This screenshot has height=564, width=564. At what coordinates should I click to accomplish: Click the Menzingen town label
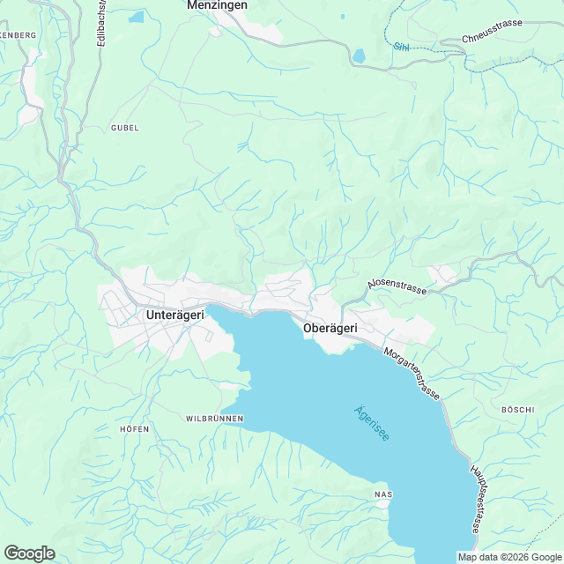(217, 5)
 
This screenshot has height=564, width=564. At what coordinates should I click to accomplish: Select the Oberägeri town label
(330, 328)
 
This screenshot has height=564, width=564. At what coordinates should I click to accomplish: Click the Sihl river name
(402, 45)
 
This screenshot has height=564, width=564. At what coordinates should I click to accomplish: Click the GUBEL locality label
(125, 128)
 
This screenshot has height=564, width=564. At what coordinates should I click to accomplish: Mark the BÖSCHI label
(517, 410)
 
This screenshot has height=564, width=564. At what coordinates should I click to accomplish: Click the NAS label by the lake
(382, 493)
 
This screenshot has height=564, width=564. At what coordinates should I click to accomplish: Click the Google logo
(29, 553)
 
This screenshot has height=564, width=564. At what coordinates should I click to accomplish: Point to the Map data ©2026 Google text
(509, 556)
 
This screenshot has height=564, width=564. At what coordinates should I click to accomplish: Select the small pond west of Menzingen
(136, 17)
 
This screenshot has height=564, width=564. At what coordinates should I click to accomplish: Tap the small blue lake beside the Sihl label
(360, 56)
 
